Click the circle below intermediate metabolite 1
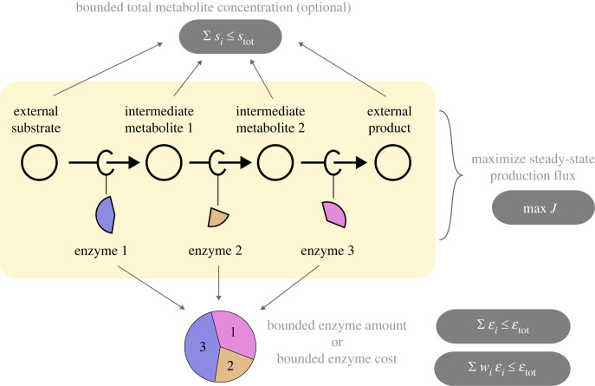[162, 161]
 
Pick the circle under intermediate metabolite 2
[274, 161]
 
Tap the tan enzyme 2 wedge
[217, 217]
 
